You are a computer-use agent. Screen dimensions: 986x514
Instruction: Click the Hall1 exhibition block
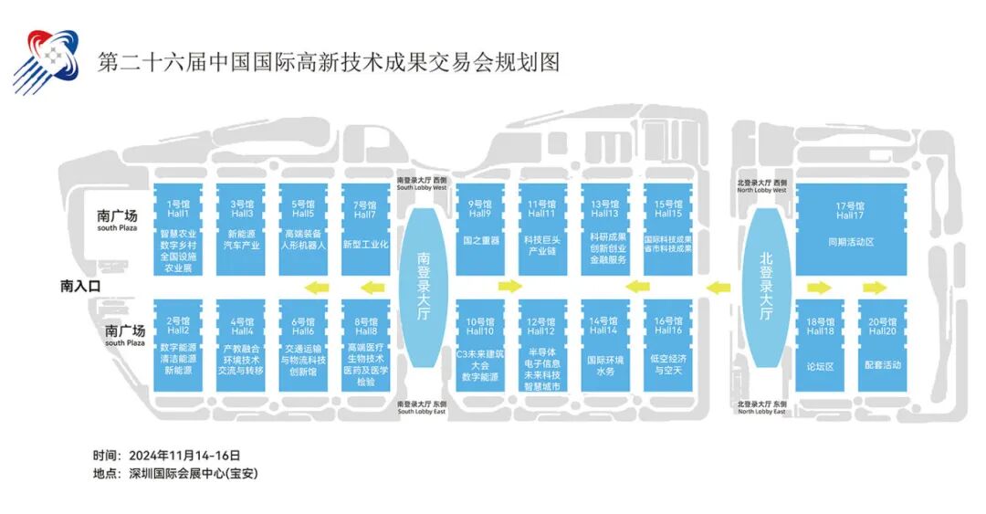(x=179, y=228)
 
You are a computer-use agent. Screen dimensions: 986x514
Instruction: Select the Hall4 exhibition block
(x=242, y=347)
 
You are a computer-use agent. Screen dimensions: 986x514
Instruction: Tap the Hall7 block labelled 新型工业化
(x=365, y=228)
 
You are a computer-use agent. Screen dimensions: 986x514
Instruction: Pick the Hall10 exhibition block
(x=480, y=347)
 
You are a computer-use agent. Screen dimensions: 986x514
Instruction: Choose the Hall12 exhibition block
(x=542, y=347)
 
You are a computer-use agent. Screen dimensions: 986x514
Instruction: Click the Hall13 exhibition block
(x=604, y=228)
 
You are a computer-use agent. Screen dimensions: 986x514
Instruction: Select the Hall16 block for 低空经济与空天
(x=668, y=347)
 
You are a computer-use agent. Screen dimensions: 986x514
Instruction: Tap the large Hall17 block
(x=849, y=228)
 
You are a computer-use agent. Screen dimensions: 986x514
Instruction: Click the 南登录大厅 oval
(x=423, y=287)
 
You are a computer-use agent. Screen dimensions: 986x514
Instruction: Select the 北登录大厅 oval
(x=766, y=287)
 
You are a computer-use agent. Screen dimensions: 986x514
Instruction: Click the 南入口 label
(x=80, y=286)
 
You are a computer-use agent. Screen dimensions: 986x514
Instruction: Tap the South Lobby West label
(x=422, y=185)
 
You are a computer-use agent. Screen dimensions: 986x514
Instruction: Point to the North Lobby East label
(x=761, y=407)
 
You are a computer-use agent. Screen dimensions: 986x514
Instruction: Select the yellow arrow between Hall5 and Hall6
(x=317, y=288)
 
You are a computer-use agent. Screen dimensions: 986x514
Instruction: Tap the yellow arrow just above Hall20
(x=875, y=288)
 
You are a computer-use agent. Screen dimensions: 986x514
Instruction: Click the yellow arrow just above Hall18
(x=819, y=288)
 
